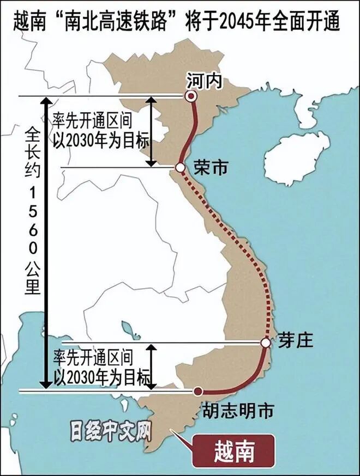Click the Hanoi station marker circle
(190, 96)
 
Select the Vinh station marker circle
(180, 168)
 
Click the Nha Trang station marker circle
(266, 343)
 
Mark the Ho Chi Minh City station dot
(198, 391)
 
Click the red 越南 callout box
(233, 451)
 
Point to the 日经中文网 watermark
(110, 431)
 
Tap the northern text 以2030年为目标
(101, 141)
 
